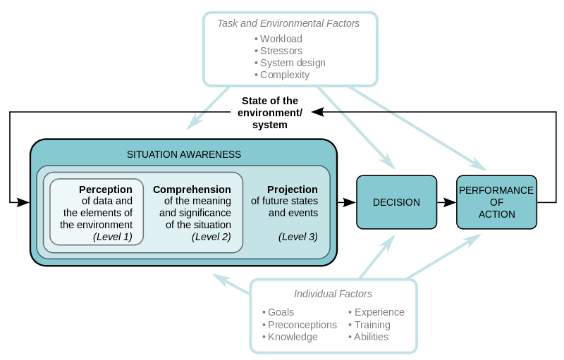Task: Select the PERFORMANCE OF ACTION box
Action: coord(496,202)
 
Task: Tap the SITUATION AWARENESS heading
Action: coord(183,154)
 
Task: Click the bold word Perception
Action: coord(105,190)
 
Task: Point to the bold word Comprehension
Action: coord(192,190)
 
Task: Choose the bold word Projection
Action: coord(292,190)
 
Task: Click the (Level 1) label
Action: coord(112,237)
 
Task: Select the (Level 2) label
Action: coord(211,237)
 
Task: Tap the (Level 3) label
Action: coord(298,237)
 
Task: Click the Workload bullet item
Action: coord(281,39)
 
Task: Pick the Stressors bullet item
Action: coord(281,51)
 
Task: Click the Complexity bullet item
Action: coord(284,75)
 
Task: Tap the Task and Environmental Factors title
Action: coord(288,23)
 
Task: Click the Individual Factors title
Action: coord(333,294)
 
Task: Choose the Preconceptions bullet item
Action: coord(302,325)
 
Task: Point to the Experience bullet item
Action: coord(379,312)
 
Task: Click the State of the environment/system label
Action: coord(270,113)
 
